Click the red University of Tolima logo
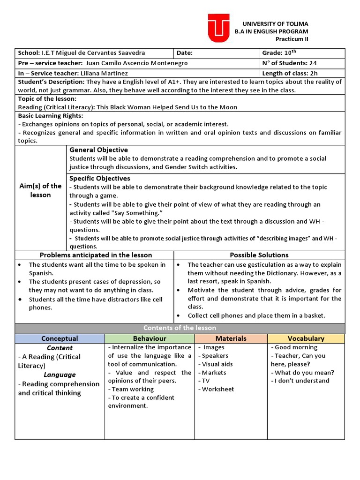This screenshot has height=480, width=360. (218, 28)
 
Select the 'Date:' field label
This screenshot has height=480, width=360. (185, 53)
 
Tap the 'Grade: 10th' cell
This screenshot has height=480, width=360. (279, 53)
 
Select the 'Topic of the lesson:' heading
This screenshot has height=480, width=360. (47, 99)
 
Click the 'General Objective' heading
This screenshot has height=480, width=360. (98, 150)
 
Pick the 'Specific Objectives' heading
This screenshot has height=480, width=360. (100, 179)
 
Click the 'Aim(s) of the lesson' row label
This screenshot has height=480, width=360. (41, 190)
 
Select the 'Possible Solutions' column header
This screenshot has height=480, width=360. (259, 255)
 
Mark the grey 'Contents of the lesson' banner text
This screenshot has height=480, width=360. (180, 328)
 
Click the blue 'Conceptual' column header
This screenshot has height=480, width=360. (60, 338)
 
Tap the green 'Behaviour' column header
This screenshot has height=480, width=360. (150, 338)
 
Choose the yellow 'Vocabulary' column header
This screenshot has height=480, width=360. (306, 338)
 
